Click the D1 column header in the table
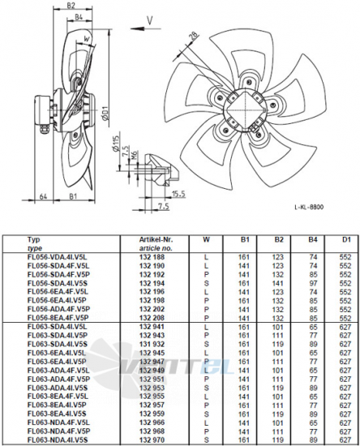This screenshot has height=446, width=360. point(344,240)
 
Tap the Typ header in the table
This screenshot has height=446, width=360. point(34,240)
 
